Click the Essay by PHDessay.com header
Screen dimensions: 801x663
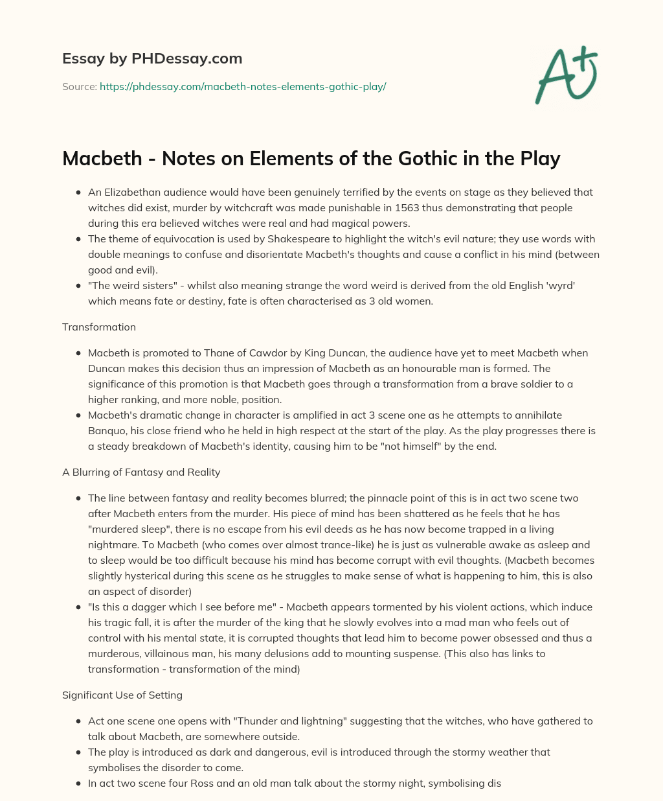pos(152,59)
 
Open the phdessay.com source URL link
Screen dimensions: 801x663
pos(243,86)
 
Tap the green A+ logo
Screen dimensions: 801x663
pos(566,75)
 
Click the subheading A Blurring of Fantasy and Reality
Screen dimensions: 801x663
pos(141,472)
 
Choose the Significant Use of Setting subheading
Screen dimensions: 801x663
pos(122,695)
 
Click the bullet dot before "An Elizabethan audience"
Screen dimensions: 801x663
pos(78,192)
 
